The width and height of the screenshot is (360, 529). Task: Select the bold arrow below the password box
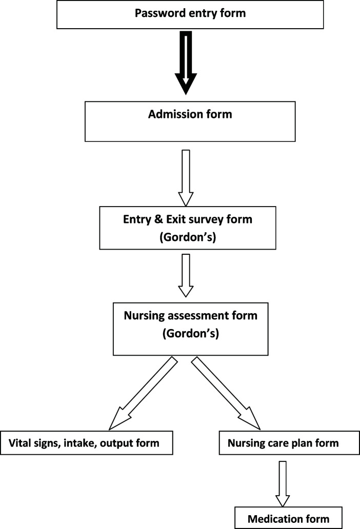pos(186,63)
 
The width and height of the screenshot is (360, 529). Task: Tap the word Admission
pos(175,114)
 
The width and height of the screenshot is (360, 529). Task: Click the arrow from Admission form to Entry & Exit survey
pos(186,178)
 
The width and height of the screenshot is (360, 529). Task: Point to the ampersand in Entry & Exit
pos(158,219)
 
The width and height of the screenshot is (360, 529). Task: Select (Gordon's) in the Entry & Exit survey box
pos(188,237)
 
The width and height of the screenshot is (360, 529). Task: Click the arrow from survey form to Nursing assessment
pos(186,275)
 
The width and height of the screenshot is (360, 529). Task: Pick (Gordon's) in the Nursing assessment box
pos(191,333)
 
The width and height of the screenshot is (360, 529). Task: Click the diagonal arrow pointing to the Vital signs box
pos(143,394)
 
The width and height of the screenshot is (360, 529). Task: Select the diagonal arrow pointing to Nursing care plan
pos(226,394)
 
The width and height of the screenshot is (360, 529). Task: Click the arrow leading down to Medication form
pos(283,484)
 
